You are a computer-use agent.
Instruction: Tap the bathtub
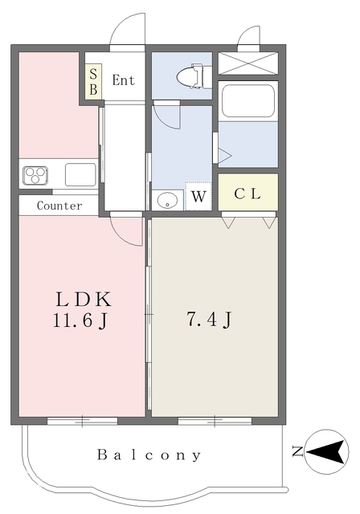click(247, 101)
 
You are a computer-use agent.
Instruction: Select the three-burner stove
click(35, 175)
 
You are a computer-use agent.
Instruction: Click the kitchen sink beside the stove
click(80, 175)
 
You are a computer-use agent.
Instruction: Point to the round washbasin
click(167, 200)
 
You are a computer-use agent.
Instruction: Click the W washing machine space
click(198, 196)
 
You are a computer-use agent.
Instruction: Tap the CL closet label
click(247, 194)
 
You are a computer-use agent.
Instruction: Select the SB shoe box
click(93, 82)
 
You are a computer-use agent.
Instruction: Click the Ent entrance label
click(123, 80)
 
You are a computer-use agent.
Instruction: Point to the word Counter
click(59, 206)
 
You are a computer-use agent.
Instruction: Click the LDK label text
click(84, 300)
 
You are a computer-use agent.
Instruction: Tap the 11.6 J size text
click(80, 320)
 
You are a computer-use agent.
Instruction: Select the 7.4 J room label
click(209, 319)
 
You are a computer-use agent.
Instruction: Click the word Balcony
click(149, 455)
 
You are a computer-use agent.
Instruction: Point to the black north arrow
click(325, 452)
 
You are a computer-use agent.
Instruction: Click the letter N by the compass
click(297, 451)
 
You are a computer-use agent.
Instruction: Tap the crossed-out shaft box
click(247, 63)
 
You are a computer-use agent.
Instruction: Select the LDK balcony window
click(82, 421)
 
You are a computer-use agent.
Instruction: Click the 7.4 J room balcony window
click(215, 421)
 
